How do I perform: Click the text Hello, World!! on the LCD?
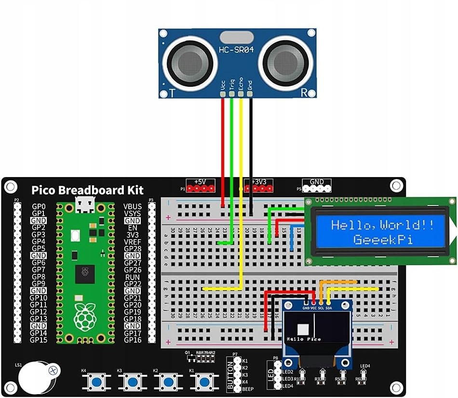(x=382, y=225)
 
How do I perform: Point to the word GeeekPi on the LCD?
(x=383, y=239)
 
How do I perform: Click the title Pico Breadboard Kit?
(x=87, y=190)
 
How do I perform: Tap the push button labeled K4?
(x=97, y=382)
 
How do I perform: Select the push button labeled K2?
(x=168, y=382)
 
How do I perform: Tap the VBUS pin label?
(x=133, y=206)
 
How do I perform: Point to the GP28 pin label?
(x=133, y=249)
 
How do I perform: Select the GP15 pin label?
(x=39, y=340)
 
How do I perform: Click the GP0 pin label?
(x=39, y=206)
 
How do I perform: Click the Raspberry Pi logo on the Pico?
(x=85, y=315)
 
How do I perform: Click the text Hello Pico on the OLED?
(x=304, y=339)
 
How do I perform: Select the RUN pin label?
(x=133, y=277)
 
